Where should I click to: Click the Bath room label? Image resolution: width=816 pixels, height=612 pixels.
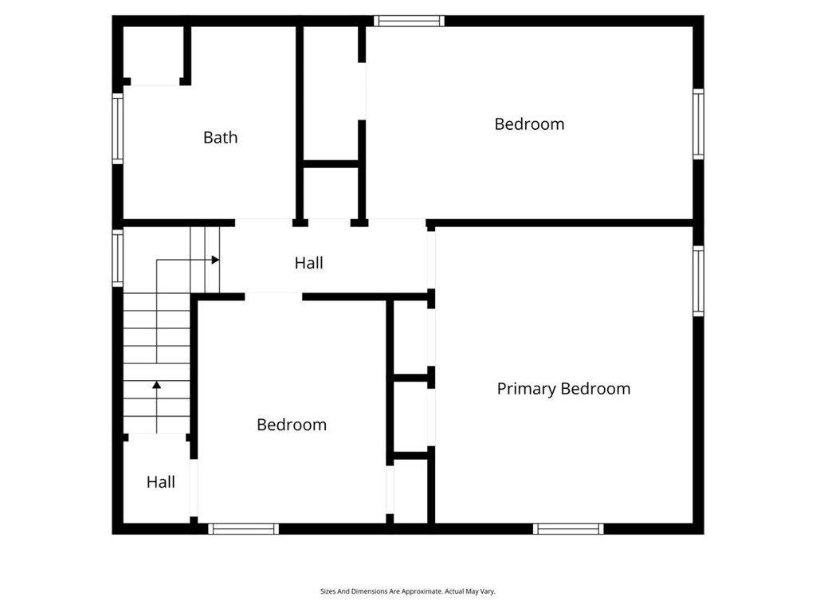pos(220,137)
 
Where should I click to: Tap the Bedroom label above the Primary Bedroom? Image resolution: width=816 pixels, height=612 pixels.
pos(529,124)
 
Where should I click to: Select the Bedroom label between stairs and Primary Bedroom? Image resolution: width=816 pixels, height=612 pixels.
pos(292,425)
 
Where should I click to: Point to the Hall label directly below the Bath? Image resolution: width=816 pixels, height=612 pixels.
pos(308,263)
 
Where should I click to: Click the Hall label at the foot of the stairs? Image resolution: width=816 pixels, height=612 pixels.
pos(160,482)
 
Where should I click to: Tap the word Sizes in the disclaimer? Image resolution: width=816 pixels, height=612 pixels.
pos(328,591)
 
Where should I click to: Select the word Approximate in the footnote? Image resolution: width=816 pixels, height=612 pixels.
pos(425,591)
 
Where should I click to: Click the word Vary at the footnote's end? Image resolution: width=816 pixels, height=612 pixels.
pos(488,591)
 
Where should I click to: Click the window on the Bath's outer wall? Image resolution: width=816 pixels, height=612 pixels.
pos(118,128)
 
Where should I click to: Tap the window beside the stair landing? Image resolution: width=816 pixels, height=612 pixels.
pos(118,258)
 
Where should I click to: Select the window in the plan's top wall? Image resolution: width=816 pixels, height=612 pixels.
pos(409,21)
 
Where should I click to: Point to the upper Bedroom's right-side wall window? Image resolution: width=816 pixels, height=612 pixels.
pos(698,124)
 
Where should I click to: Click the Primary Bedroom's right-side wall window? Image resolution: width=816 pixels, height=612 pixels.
pos(698,281)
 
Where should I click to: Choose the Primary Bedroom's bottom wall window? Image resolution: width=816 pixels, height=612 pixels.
pos(568,529)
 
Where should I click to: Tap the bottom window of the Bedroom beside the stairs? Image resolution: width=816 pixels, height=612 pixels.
pos(244,529)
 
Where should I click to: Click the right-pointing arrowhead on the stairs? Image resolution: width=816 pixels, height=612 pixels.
pos(215,260)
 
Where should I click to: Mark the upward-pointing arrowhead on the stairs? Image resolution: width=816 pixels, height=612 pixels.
pos(157,385)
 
